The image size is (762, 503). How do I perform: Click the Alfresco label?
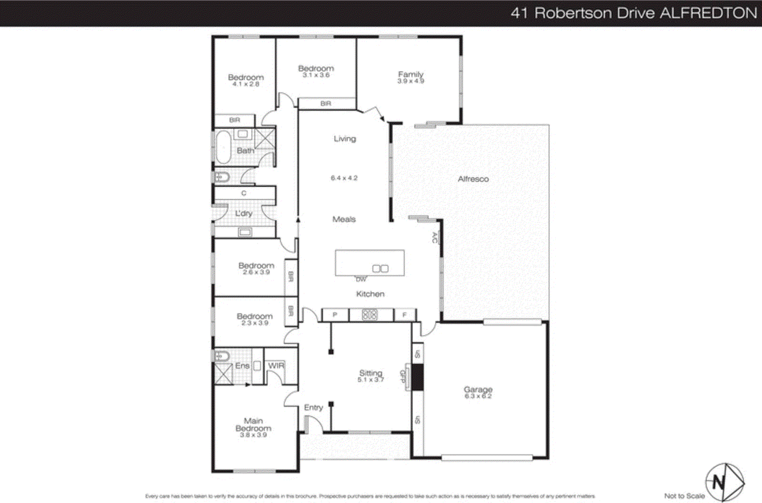coord(473,179)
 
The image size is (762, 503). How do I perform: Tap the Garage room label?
coord(478,390)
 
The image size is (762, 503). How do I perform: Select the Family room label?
coord(411,74)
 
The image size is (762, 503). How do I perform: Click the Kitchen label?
coord(370,294)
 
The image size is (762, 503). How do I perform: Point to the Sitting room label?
coord(371,373)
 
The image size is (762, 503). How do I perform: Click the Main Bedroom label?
coord(253,424)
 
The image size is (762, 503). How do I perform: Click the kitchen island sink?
coord(380,269)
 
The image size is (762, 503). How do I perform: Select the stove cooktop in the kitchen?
coord(370,315)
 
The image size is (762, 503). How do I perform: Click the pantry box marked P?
coord(335,315)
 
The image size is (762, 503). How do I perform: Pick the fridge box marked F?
coord(404,315)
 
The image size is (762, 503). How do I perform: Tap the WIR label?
coord(276,365)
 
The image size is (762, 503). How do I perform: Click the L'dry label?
coord(244,213)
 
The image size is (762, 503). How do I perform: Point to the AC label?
coord(434,237)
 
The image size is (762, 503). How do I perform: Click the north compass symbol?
coord(724,483)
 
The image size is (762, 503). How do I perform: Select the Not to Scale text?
coord(684,496)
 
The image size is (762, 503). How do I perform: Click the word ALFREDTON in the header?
coord(708,13)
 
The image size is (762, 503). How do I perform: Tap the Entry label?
coord(313,407)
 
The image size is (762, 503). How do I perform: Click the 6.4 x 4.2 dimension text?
coord(344,178)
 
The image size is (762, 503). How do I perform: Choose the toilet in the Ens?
coord(222,355)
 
